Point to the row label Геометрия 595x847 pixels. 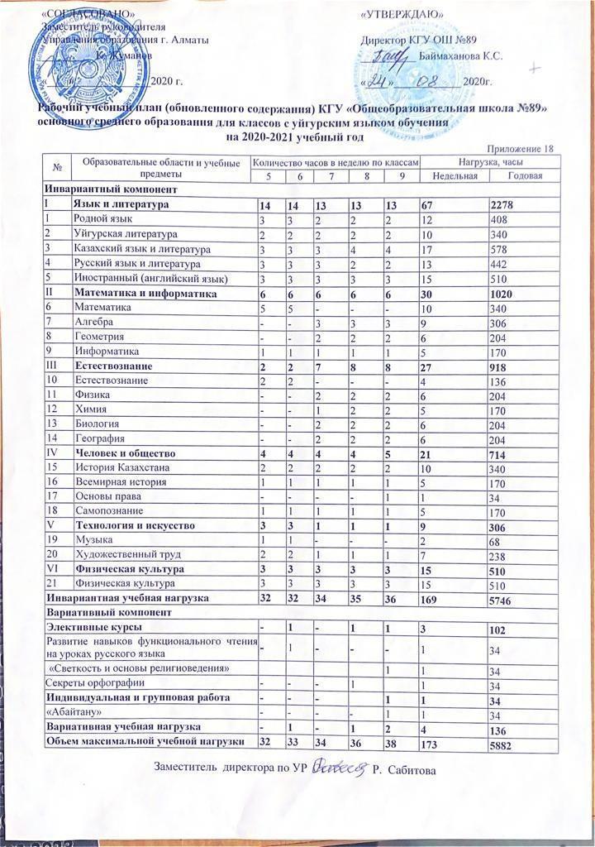coord(98,338)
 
